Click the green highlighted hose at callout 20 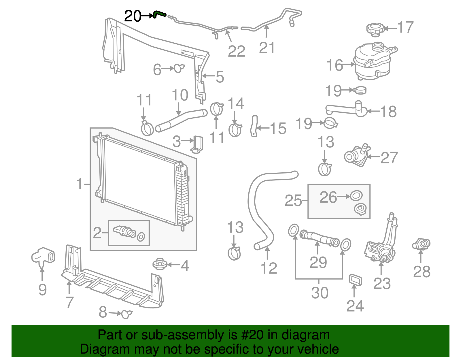coord(160,14)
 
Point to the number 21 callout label coord(267,48)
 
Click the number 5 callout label coord(220,77)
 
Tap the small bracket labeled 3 coord(197,144)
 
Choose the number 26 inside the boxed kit coord(328,197)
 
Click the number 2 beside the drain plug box coord(97,233)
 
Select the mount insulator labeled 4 coord(159,264)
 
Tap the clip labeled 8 coord(126,314)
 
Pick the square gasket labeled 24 coord(355,280)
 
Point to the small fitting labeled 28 coord(422,244)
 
